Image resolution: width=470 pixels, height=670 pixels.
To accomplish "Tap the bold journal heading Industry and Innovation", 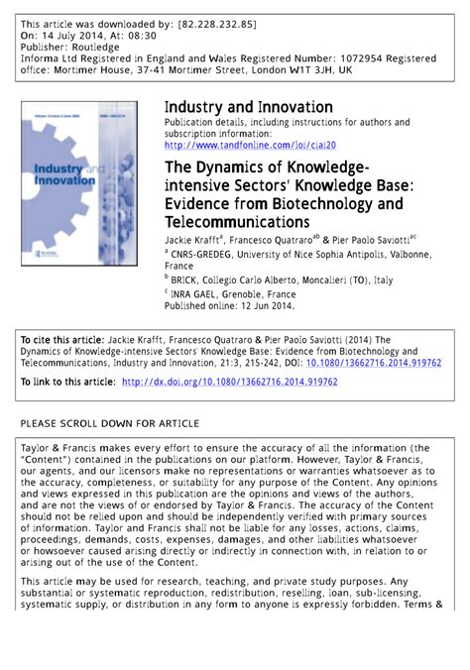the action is pyautogui.click(x=248, y=107).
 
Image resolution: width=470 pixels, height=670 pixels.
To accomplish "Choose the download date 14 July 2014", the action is pyautogui.click(x=73, y=34).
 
